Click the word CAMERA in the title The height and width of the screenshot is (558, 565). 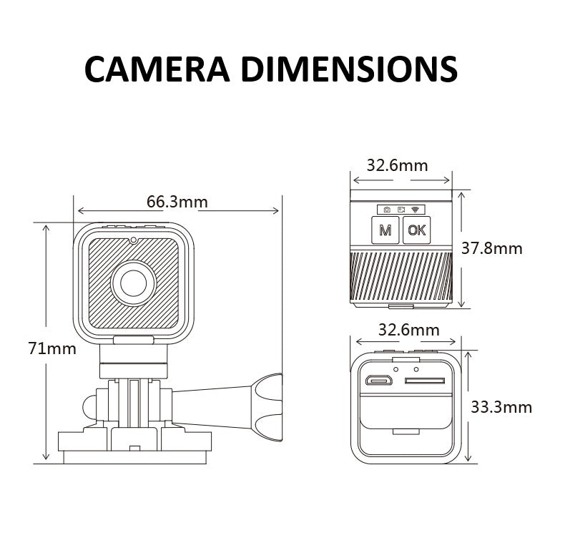157,69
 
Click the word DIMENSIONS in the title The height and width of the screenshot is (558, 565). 350,69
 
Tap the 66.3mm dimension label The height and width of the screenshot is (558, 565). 177,202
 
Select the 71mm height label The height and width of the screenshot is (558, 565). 52,348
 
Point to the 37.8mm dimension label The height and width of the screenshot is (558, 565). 492,249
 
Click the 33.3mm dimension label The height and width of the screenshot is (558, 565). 501,407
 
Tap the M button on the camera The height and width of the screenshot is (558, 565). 385,230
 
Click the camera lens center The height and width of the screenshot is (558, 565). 133,283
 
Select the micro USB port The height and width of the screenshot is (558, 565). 379,380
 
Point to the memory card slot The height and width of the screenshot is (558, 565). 425,381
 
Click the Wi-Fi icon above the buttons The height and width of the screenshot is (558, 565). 416,210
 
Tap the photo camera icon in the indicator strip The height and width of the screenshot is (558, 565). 387,210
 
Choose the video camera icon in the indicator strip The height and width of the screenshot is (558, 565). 401,210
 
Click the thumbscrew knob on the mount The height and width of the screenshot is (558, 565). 267,407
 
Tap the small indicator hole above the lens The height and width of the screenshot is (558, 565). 133,240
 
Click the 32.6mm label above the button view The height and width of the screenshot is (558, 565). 397,165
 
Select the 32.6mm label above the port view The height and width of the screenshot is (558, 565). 408,330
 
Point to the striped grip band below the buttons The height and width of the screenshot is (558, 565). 401,276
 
